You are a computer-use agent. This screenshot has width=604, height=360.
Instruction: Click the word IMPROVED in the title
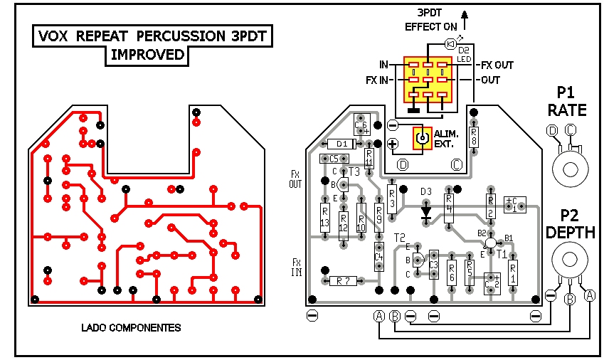point(147,55)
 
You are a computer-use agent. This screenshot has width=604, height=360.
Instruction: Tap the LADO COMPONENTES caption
point(131,328)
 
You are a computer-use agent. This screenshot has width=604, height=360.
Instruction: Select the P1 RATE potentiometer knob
point(570,169)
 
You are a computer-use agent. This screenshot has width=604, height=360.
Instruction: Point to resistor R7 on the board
point(344,280)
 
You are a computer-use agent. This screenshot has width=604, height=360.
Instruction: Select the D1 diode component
point(342,144)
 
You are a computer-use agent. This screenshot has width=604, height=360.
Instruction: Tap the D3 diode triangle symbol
point(426,211)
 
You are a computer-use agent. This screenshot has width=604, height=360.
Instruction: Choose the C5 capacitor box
point(333,159)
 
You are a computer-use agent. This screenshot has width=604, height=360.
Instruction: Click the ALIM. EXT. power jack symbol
point(423,139)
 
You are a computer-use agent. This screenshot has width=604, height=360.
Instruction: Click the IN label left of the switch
point(383,65)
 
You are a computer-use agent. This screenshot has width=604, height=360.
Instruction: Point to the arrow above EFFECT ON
point(465,16)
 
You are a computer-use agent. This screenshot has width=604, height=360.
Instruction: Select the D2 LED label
point(464,54)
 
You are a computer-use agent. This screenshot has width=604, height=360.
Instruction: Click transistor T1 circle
point(490,243)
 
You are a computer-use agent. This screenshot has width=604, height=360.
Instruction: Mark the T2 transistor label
point(398,237)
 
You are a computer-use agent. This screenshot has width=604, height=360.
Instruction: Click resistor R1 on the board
point(513,271)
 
